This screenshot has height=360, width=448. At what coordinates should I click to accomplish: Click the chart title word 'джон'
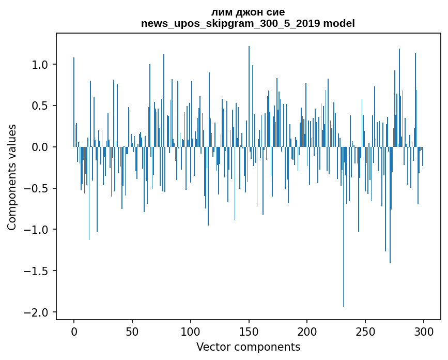pyautogui.click(x=248, y=12)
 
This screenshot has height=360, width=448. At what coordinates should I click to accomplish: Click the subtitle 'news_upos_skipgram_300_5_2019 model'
pyautogui.click(x=248, y=23)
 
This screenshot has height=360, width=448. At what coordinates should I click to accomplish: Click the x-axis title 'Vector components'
pyautogui.click(x=248, y=347)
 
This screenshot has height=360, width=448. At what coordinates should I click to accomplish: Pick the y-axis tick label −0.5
pyautogui.click(x=38, y=188)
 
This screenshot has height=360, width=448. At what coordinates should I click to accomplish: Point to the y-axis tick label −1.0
pyautogui.click(x=38, y=230)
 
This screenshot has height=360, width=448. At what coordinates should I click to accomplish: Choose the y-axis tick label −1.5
pyautogui.click(x=38, y=271)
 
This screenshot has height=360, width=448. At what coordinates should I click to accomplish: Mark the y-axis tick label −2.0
pyautogui.click(x=38, y=312)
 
